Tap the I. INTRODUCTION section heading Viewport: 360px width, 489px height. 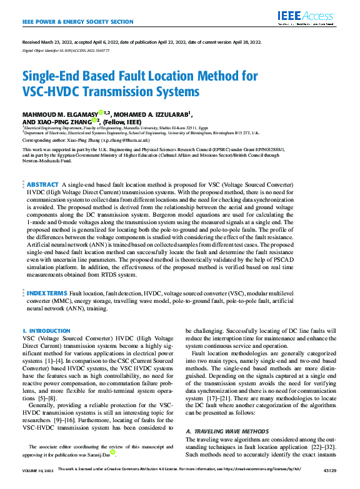tap(46, 330)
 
